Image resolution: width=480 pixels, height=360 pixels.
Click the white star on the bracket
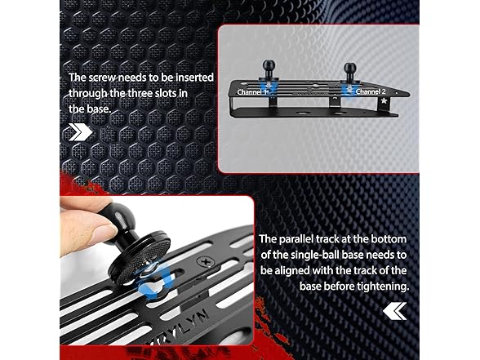pyautogui.click(x=395, y=94)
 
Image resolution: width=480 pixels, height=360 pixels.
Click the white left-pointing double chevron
pyautogui.click(x=395, y=311)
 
